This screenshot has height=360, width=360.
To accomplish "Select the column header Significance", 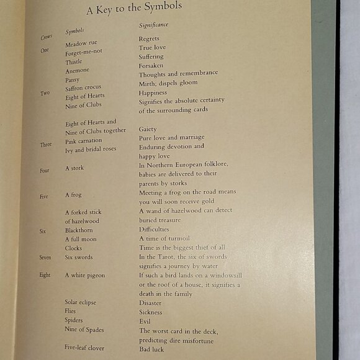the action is click(x=153, y=25).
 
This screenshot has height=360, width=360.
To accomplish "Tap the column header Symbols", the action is click(x=74, y=31).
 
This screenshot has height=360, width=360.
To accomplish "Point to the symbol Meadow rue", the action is click(x=81, y=44).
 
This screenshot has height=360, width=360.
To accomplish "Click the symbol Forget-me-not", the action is click(x=84, y=53).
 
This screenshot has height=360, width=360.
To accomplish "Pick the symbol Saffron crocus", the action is click(x=84, y=88).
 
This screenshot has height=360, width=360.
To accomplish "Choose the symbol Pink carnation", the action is click(x=84, y=141).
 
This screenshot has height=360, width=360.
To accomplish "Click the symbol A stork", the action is click(x=74, y=168).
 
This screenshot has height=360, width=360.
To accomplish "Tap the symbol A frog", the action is click(x=73, y=195).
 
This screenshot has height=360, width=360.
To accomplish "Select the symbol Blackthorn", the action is click(x=80, y=230).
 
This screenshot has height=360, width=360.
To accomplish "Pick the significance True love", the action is click(x=153, y=47).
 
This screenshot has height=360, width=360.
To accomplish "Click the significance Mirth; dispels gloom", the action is click(x=169, y=83).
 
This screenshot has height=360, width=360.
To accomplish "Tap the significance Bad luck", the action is click(x=152, y=349).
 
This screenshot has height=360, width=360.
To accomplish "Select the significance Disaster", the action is click(x=150, y=304).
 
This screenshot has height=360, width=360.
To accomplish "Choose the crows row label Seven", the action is click(x=45, y=257).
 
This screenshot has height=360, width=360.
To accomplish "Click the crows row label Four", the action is click(x=45, y=169).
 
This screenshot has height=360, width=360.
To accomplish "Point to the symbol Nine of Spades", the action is click(x=84, y=330).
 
